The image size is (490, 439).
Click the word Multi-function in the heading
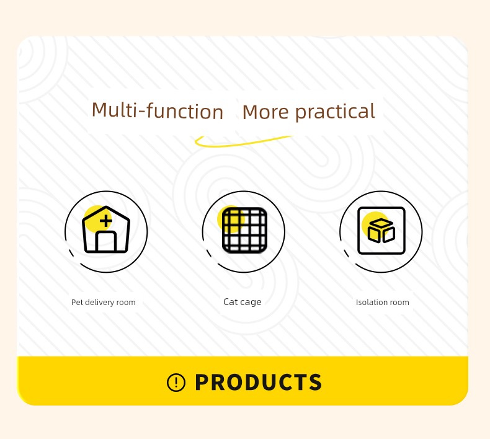point(158,110)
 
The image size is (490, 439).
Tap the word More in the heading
point(265,112)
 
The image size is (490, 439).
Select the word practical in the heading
point(335,112)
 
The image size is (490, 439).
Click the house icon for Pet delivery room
point(106,229)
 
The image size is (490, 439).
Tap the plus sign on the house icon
point(106,221)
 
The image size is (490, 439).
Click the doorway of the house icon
point(106,242)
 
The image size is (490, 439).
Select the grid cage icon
point(244,230)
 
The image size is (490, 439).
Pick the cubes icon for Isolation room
point(381,230)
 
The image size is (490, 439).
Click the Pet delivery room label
point(104,302)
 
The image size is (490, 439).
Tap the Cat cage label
point(243,302)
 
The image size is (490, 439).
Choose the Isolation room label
point(383,302)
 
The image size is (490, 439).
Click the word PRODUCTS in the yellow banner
point(258,382)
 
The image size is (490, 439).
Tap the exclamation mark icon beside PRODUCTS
point(176,383)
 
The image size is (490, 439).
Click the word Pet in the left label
point(77,302)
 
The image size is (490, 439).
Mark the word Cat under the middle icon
point(231,301)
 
